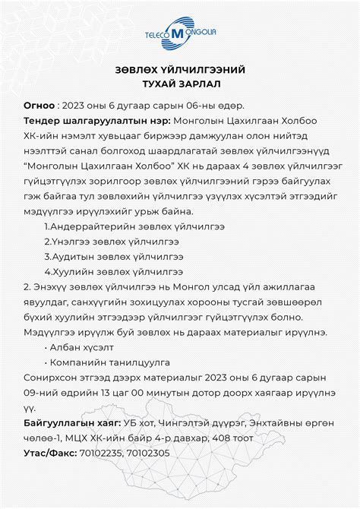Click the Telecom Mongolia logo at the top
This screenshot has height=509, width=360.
click(179, 34)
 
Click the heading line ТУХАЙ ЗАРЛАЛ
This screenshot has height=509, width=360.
click(179, 84)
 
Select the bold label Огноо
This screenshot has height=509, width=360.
click(39, 106)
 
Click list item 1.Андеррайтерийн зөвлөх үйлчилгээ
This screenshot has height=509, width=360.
click(114, 226)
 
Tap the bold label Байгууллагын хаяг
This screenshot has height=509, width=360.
click(72, 422)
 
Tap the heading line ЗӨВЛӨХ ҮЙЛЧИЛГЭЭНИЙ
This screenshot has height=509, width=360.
click(179, 70)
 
